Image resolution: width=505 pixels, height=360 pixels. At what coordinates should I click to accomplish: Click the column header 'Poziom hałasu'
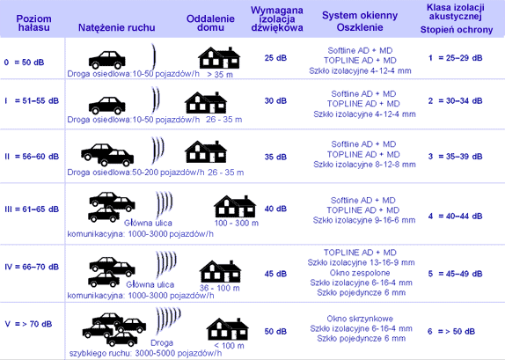tap(33, 23)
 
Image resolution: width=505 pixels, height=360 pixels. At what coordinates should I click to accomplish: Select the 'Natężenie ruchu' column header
tap(117, 27)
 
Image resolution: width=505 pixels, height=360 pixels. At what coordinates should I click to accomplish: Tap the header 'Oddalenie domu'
tap(210, 23)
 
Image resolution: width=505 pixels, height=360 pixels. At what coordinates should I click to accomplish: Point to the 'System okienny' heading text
tap(360, 16)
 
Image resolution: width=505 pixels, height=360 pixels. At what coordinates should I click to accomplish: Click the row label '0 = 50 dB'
tap(24, 62)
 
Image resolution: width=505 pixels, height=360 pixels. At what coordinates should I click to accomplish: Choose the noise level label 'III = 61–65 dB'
tap(32, 209)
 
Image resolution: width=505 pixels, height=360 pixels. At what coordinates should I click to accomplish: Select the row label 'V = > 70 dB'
tap(28, 324)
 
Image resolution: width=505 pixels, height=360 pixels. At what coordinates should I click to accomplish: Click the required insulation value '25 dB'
tap(275, 58)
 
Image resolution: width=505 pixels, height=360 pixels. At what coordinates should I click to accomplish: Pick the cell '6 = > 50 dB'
tap(451, 331)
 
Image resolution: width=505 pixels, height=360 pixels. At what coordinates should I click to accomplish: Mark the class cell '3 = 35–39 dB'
tap(455, 157)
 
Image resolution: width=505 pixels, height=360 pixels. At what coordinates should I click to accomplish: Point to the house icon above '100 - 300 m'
tap(235, 206)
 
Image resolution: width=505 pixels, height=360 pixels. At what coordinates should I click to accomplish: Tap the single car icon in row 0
tap(107, 60)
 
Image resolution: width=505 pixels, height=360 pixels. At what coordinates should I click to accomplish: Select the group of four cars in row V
tap(114, 329)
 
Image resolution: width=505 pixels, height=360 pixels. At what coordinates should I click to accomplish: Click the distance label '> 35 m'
tap(220, 75)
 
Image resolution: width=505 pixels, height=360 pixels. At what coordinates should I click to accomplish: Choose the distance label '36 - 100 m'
tap(220, 288)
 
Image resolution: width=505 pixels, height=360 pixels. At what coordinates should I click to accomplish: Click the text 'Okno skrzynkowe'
tap(360, 319)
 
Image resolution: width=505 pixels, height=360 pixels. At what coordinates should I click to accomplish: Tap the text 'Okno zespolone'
tap(360, 273)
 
